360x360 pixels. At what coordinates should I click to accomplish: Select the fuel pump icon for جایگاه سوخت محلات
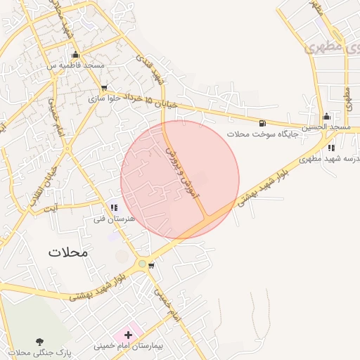coord(263,122)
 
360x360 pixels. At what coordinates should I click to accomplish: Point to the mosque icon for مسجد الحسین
coord(326,117)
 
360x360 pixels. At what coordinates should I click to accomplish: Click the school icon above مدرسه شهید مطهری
coord(331,148)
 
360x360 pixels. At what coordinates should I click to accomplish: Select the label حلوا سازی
coord(105,98)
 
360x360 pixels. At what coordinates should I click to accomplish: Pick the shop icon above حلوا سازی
coord(105,89)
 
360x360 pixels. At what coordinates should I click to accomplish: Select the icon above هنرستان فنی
coord(113,208)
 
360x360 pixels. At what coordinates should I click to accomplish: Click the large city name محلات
coord(68,252)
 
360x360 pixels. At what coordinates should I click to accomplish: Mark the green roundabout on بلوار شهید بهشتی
coord(143,264)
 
